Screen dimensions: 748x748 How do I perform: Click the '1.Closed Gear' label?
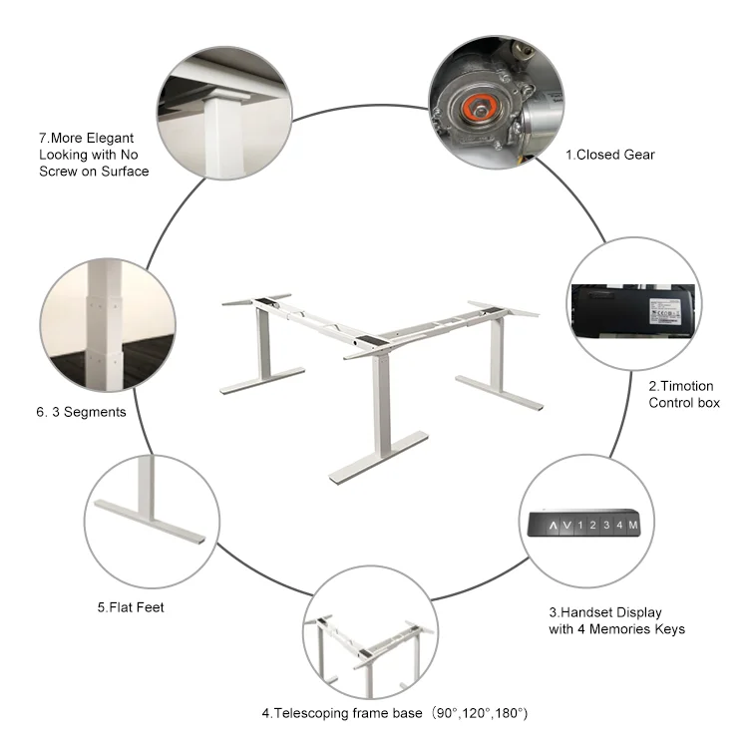(x=610, y=155)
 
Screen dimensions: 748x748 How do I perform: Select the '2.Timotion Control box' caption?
(x=684, y=394)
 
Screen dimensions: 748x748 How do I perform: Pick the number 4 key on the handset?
(x=619, y=526)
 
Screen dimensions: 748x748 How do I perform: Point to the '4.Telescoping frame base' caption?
(x=394, y=713)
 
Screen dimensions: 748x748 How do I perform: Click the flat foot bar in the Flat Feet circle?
(x=150, y=522)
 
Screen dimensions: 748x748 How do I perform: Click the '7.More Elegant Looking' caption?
(x=94, y=155)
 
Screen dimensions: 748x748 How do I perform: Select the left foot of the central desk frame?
(x=262, y=380)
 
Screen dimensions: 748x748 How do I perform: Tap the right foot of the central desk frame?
(x=500, y=393)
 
